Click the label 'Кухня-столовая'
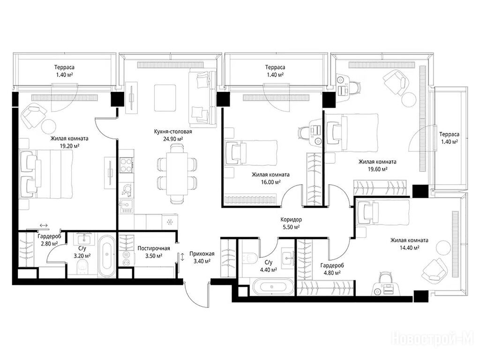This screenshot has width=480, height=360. click(x=173, y=132)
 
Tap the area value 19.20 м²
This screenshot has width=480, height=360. click(x=70, y=146)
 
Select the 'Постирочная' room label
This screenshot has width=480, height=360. click(x=153, y=248)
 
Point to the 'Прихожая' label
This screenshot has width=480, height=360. click(x=202, y=254)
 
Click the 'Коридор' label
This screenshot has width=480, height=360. click(x=291, y=219)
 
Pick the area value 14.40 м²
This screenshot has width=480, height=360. click(x=409, y=248)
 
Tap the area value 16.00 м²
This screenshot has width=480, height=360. click(x=270, y=182)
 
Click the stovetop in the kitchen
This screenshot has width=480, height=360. click(x=127, y=165)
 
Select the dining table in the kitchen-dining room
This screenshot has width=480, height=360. click(x=177, y=173)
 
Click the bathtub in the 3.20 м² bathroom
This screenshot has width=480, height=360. click(x=107, y=255)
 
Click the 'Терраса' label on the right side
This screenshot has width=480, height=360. click(x=449, y=134)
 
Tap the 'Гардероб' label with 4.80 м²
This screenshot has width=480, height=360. click(x=332, y=265)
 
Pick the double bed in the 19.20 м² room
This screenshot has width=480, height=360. click(x=46, y=173)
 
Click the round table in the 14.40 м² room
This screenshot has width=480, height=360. click(x=443, y=247)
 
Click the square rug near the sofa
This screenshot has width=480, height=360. click(x=165, y=98)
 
